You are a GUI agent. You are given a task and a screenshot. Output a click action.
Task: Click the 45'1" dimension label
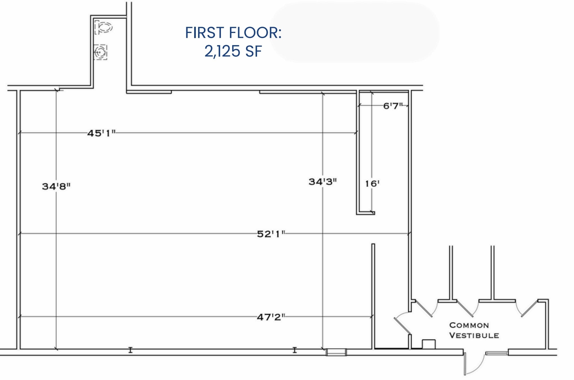[x=101, y=133]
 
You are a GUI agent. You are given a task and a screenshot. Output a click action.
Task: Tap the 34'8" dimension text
[x=56, y=186]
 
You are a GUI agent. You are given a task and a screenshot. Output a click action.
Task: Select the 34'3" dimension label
[x=323, y=182]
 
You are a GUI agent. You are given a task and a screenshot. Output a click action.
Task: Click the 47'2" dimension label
[x=271, y=317]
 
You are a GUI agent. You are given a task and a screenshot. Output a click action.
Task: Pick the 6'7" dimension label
[x=393, y=106]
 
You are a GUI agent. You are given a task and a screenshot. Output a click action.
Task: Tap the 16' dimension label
[x=372, y=184]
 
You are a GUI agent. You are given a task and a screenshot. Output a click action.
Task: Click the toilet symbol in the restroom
[x=103, y=27]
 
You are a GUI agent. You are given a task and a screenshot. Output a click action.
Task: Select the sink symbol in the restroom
[x=100, y=52]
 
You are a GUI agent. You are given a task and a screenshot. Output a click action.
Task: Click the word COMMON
[x=469, y=325]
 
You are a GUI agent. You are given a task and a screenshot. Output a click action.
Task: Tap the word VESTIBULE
[x=474, y=335]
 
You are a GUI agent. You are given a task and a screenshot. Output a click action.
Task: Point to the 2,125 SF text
[x=233, y=51]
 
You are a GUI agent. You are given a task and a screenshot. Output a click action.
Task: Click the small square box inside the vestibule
[x=429, y=344]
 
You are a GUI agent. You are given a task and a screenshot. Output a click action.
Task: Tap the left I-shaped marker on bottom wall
[x=130, y=350]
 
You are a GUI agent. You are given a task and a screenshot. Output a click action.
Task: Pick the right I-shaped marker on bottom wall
[x=294, y=350]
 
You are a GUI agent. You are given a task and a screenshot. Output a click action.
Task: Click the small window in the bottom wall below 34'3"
[x=336, y=352]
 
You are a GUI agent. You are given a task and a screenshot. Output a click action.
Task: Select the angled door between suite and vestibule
[x=403, y=326]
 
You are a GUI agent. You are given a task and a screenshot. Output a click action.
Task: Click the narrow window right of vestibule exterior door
[x=497, y=353]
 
